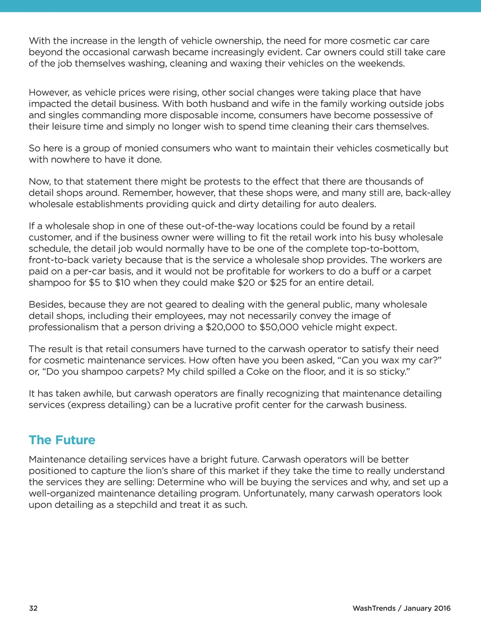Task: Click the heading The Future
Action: coord(62,440)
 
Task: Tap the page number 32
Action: coord(33,608)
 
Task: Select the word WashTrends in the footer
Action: coord(374,608)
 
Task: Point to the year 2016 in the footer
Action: coord(442,608)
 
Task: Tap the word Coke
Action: coord(258,371)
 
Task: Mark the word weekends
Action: coord(380,63)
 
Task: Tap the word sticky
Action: coord(392,371)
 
